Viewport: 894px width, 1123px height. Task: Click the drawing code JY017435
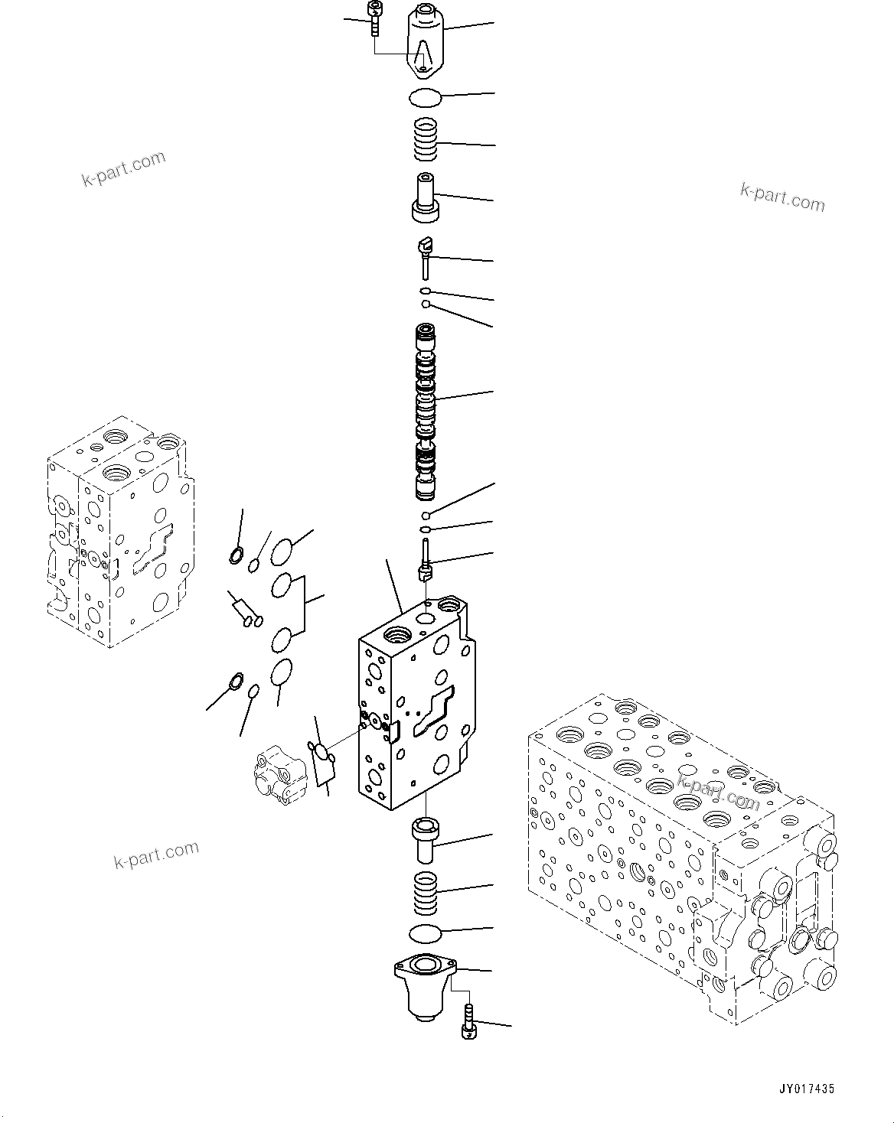click(x=808, y=1088)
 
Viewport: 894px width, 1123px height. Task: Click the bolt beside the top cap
click(x=375, y=18)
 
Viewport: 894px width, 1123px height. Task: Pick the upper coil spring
click(x=426, y=139)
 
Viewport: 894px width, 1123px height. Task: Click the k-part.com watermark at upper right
click(x=782, y=197)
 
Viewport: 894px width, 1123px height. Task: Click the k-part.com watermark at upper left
click(x=123, y=169)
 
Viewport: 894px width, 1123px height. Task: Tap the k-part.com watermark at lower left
click(x=156, y=854)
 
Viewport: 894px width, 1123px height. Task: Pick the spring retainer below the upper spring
click(x=425, y=199)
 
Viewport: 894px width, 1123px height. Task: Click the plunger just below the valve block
click(x=424, y=838)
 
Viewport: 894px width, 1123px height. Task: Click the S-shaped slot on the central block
click(x=432, y=712)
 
